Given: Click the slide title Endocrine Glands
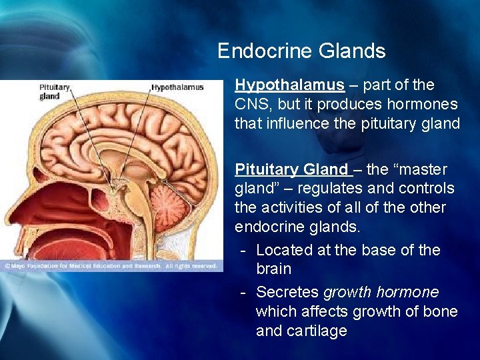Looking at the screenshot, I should pos(301,51).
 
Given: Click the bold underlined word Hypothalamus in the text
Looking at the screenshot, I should pos(289,85).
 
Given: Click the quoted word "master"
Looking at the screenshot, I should pos(421,170).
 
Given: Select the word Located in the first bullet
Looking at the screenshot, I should pos(283,250).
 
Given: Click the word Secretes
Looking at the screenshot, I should pos(287,292).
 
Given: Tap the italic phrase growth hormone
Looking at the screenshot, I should pos(381,292).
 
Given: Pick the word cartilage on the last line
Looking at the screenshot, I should pos(317,331).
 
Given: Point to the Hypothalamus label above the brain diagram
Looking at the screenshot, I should pos(178,87).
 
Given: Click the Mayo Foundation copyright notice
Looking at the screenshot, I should pos(110,266).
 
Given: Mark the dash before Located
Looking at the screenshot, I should pos(244,250).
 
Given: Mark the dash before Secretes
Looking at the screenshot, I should pos(244,292).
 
